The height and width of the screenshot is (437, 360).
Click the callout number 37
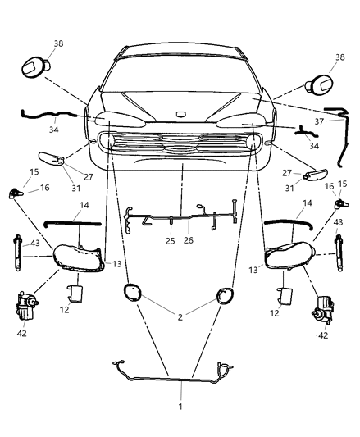(x=318, y=121)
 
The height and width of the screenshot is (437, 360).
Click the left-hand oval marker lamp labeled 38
(x=34, y=66)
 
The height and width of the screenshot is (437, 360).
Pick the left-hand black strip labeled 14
(x=74, y=221)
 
